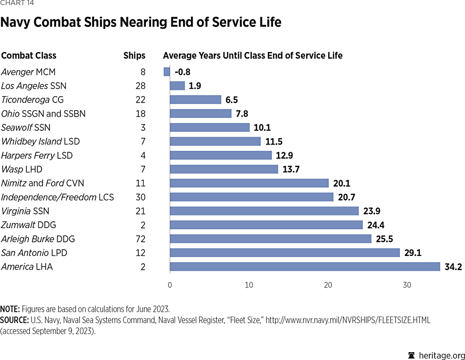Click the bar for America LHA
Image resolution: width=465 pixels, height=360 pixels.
305,266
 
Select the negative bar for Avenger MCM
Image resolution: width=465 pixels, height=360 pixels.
167,71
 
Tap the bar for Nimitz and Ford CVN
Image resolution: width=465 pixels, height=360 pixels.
249,183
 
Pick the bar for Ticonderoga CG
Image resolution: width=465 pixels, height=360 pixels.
195,99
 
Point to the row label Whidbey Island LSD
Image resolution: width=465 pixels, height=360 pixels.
41,141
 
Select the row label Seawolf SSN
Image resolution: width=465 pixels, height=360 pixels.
26,127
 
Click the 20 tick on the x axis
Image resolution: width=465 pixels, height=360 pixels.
328,285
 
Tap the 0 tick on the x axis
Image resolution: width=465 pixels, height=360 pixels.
169,285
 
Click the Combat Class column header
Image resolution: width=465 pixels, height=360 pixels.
29,55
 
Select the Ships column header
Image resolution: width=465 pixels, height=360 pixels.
134,55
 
